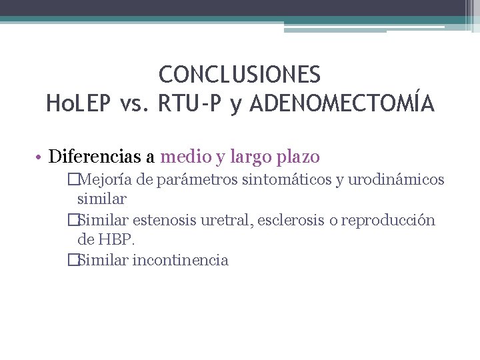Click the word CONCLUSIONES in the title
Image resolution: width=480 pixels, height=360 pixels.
[x=240, y=74]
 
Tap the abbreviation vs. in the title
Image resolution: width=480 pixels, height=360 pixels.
[x=135, y=104]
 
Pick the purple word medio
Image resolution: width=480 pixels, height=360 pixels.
[x=186, y=157]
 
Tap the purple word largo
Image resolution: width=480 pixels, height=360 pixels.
[x=249, y=158]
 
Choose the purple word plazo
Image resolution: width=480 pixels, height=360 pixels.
[x=298, y=158]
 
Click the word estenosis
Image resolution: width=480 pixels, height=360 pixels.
[x=170, y=220]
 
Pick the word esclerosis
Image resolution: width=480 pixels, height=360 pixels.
[x=291, y=220]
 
